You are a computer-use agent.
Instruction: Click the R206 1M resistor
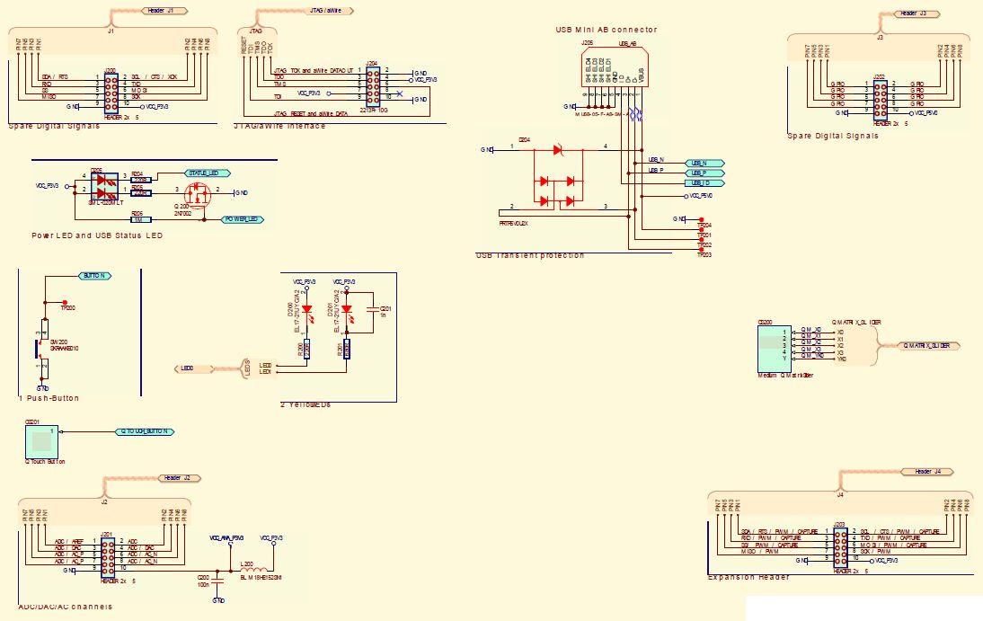click(x=140, y=218)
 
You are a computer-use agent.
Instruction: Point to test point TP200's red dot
click(x=65, y=302)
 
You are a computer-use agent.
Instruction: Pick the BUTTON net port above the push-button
click(x=95, y=276)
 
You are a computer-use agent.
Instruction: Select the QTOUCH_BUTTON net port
click(x=144, y=431)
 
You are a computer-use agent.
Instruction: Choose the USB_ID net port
click(x=704, y=183)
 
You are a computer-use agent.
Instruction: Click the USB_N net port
click(x=704, y=162)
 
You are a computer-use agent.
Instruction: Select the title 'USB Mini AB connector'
click(x=606, y=30)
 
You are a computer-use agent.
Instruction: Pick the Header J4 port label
click(x=927, y=472)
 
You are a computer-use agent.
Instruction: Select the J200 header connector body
click(x=111, y=89)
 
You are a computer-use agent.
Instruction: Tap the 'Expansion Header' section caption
click(x=749, y=577)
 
